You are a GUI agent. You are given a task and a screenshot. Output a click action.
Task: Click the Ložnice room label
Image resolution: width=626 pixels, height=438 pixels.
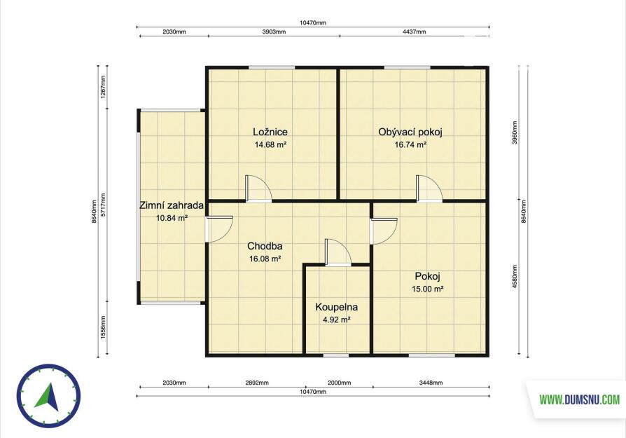pos(270,132)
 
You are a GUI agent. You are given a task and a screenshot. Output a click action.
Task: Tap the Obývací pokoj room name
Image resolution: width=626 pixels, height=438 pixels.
pos(410,132)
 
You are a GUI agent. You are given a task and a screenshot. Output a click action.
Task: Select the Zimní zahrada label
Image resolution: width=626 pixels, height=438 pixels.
pos(172,205)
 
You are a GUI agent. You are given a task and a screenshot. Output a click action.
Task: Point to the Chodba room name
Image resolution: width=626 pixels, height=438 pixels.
pos(265,246)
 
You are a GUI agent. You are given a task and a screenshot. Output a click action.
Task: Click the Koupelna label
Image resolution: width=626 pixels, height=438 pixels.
pos(337,307)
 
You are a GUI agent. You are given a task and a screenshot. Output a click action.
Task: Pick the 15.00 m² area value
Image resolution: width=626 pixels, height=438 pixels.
pos(428,289)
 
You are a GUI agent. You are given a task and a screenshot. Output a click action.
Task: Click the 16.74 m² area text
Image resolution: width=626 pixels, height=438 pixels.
pos(410,144)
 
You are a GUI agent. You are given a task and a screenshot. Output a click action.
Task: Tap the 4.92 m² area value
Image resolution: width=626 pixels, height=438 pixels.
pos(337,320)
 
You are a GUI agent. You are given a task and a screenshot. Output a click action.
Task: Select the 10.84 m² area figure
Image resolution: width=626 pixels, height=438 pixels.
pos(172,218)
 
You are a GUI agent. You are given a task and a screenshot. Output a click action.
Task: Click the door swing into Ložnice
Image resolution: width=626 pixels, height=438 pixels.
pos(258,189)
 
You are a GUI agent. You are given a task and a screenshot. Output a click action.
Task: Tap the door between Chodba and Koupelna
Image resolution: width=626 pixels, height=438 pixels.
pos(338,252)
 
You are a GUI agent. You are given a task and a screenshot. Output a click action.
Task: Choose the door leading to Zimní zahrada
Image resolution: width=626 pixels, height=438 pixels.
pos(218,229)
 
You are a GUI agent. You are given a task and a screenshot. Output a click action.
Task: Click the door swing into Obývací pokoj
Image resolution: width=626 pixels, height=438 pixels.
pos(429,189)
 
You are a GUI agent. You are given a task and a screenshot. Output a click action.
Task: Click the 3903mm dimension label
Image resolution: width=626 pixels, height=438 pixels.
pos(274,32)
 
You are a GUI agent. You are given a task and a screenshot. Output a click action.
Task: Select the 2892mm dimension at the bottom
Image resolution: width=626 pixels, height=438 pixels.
pos(257,383)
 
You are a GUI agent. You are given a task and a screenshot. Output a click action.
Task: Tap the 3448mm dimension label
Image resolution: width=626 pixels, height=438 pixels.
pos(431,383)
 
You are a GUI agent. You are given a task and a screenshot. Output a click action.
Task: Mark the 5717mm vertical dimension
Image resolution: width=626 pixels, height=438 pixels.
pos(103,205)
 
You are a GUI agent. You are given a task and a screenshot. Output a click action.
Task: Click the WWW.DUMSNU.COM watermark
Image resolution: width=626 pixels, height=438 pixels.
pos(580,399)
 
